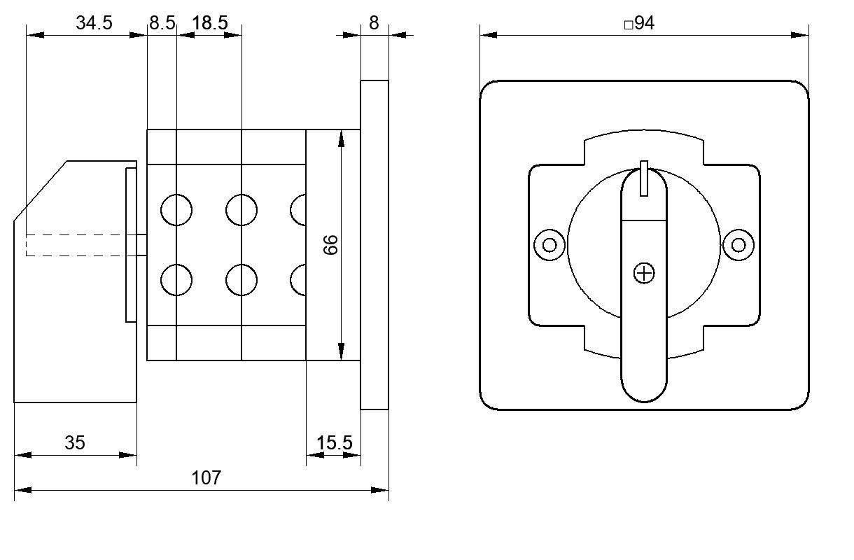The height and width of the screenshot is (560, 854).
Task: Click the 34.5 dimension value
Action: pyautogui.click(x=94, y=23)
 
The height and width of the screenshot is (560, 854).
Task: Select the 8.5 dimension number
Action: pyautogui.click(x=162, y=23)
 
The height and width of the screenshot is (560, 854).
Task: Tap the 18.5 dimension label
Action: pyautogui.click(x=210, y=23)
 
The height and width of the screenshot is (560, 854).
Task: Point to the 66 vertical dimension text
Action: pyautogui.click(x=330, y=245)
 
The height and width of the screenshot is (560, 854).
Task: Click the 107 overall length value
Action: pyautogui.click(x=206, y=478)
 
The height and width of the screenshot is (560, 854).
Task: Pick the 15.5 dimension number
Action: pyautogui.click(x=335, y=443)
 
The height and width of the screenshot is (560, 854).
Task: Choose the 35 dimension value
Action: pyautogui.click(x=75, y=442)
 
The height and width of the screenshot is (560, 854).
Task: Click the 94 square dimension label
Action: pyautogui.click(x=644, y=23)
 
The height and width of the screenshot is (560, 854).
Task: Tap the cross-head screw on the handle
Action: pyautogui.click(x=644, y=273)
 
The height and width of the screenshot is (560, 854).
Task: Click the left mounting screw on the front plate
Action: pyautogui.click(x=549, y=245)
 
